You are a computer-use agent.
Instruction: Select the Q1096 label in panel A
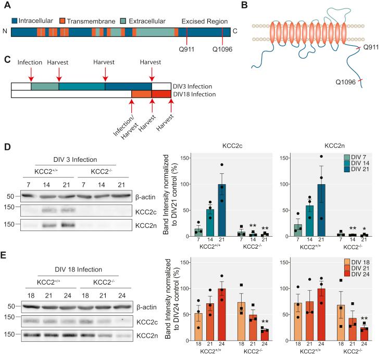(x=222, y=52)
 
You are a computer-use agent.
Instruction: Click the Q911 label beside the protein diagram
(x=369, y=47)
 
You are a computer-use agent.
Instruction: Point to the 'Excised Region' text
(x=205, y=21)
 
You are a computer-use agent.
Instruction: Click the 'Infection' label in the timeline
(x=30, y=62)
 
